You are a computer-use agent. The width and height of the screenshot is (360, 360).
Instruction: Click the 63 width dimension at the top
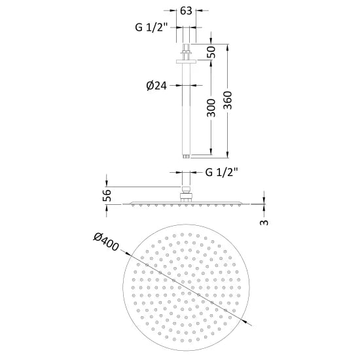(186, 11)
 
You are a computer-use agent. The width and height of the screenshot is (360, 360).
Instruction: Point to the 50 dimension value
(212, 53)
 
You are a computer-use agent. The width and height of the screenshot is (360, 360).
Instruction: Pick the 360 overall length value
(229, 102)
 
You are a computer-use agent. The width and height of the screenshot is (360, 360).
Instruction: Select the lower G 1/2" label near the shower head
(221, 173)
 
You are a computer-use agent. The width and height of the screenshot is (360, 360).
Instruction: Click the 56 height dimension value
(109, 194)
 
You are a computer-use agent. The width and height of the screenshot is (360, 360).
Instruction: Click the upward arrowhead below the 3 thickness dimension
(264, 208)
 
